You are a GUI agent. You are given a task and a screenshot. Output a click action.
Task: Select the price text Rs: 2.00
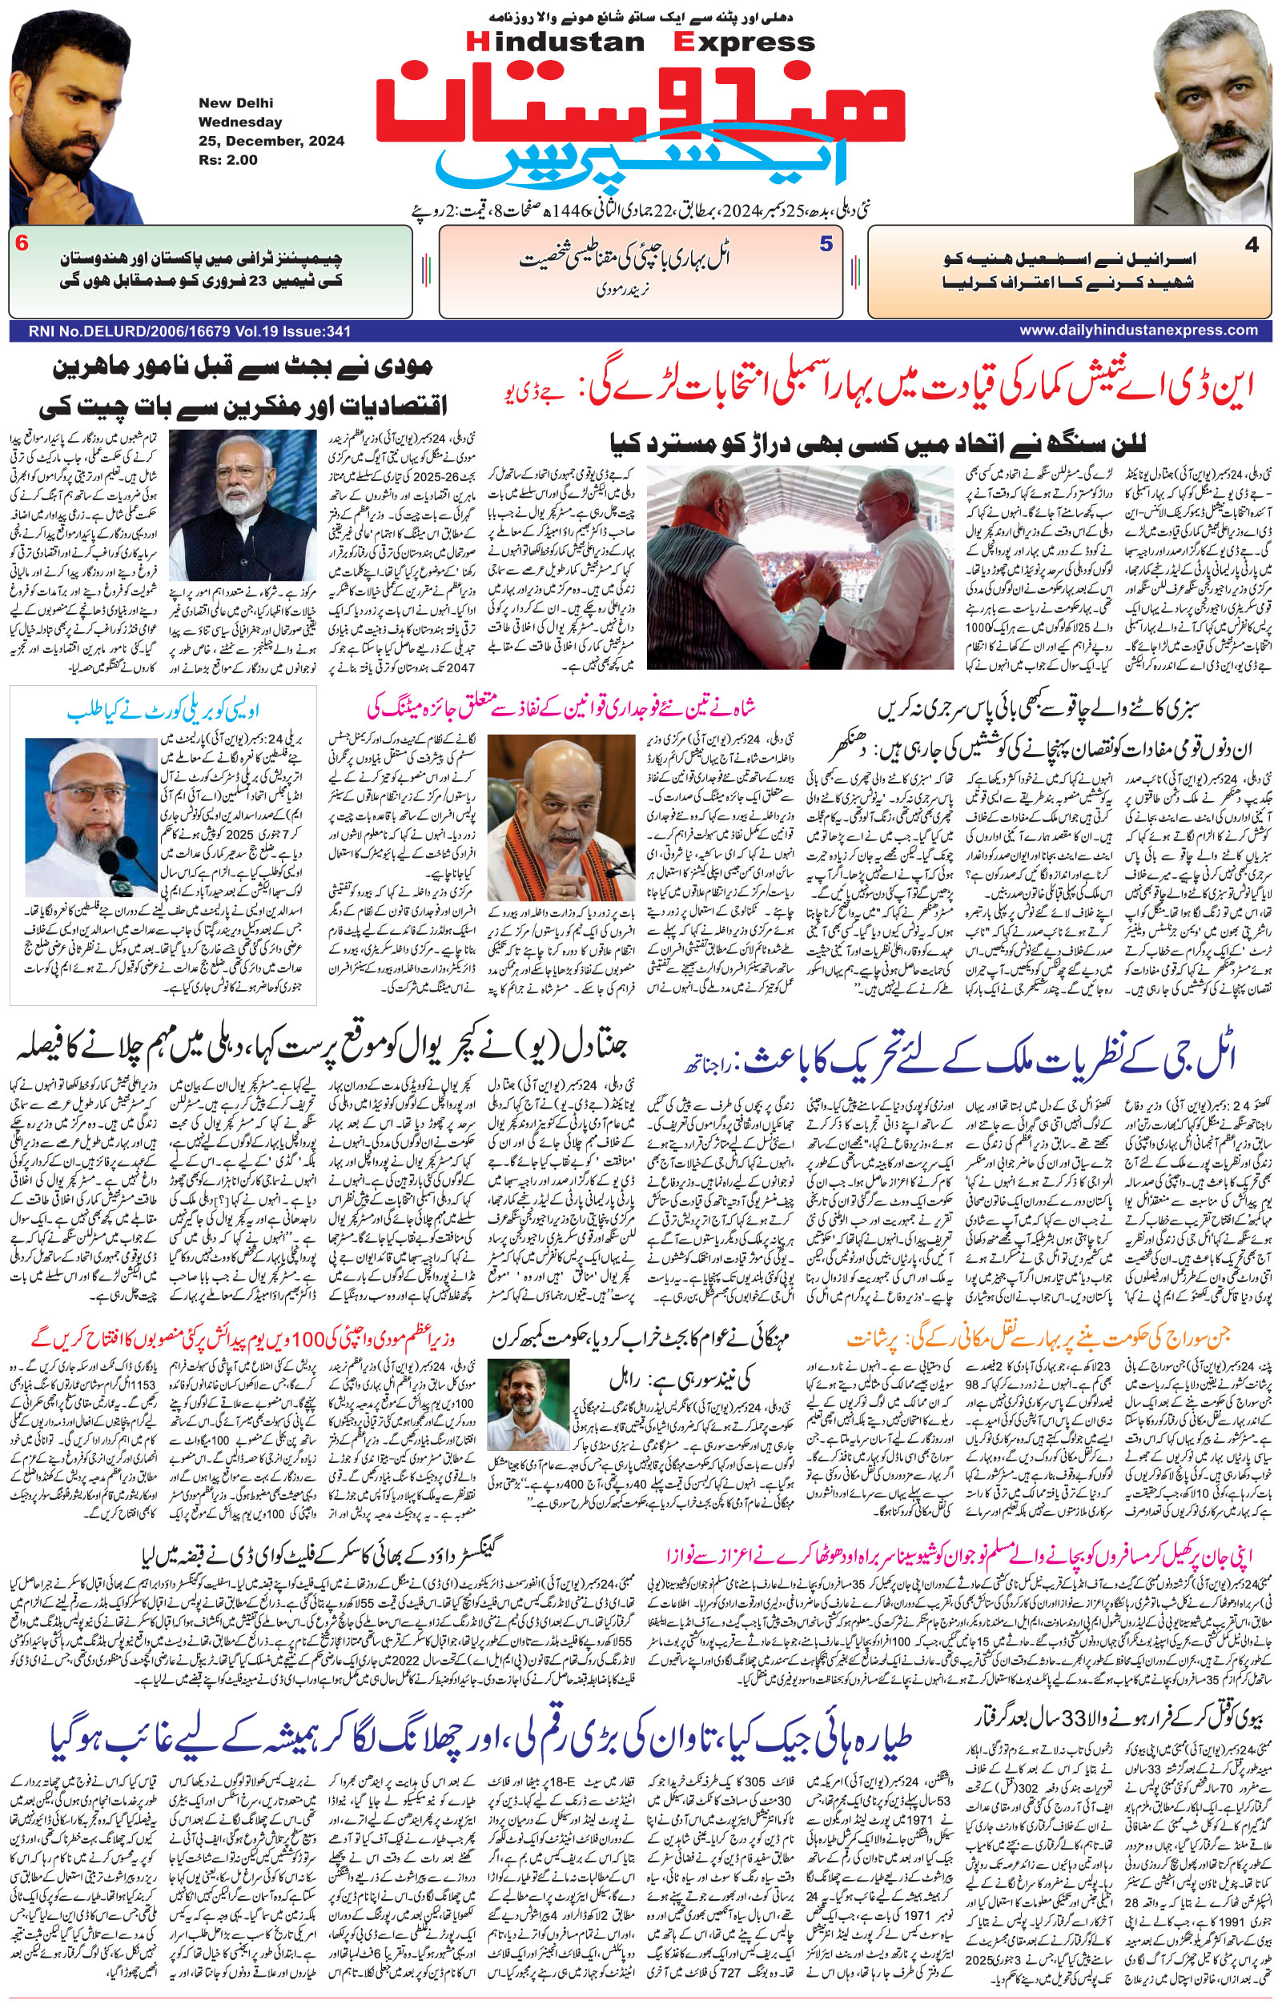pyautogui.click(x=227, y=160)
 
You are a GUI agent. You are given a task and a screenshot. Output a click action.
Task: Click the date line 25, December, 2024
pyautogui.click(x=271, y=141)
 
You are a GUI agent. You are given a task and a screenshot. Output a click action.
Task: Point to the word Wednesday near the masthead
pyautogui.click(x=240, y=122)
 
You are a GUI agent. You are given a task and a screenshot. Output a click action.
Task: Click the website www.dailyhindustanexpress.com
pyautogui.click(x=1138, y=331)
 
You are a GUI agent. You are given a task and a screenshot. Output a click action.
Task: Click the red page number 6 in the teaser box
pyautogui.click(x=22, y=244)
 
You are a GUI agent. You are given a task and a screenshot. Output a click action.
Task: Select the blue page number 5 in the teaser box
pyautogui.click(x=826, y=244)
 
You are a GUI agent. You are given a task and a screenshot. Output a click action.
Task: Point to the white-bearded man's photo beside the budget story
pyautogui.click(x=243, y=505)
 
